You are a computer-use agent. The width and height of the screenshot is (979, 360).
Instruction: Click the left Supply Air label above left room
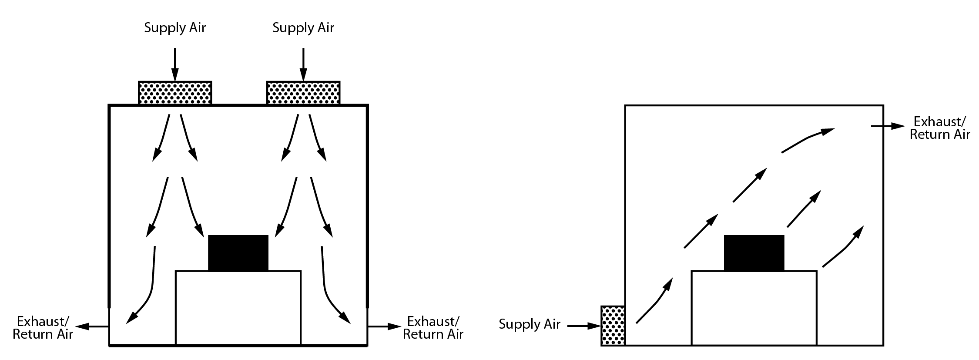tap(175, 28)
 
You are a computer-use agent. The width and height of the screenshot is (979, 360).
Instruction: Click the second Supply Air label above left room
tap(303, 28)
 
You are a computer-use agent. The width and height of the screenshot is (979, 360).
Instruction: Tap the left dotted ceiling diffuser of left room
tap(175, 93)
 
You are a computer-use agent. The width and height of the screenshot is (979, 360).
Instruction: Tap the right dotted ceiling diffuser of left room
tap(303, 93)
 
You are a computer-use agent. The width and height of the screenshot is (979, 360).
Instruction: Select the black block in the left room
tap(238, 253)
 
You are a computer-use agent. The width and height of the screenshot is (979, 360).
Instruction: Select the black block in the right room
tap(754, 253)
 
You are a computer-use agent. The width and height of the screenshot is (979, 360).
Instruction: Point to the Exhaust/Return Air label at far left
tap(43, 328)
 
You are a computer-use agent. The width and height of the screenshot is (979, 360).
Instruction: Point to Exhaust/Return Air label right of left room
tap(433, 328)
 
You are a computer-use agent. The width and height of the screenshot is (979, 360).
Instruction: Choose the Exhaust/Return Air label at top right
tap(940, 128)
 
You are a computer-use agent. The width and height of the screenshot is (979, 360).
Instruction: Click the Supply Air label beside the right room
tap(530, 324)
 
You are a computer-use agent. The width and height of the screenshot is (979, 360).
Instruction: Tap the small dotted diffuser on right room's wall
tap(613, 326)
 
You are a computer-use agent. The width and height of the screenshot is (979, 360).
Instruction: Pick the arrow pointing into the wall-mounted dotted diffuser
tap(583, 326)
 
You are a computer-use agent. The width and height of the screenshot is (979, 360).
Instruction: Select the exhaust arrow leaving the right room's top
tap(888, 126)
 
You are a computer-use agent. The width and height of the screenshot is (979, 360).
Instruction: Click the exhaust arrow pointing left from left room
tap(92, 326)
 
